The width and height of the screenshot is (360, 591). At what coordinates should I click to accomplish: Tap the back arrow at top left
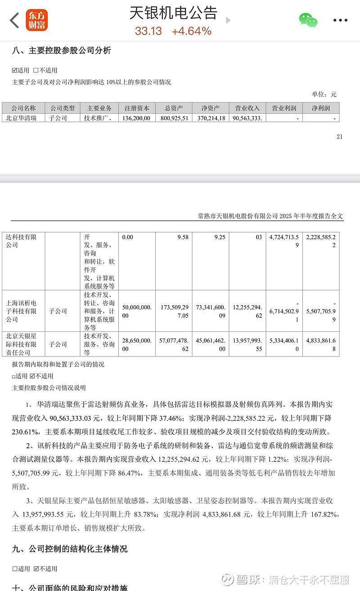(x=15, y=20)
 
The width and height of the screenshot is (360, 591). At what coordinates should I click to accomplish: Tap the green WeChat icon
(x=308, y=20)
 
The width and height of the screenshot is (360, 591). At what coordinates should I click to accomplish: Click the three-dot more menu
(x=340, y=20)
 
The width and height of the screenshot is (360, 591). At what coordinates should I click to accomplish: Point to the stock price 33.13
(x=148, y=31)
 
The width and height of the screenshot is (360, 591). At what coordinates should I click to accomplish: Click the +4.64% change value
(x=191, y=31)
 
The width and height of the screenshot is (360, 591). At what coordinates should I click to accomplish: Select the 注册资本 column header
(x=137, y=108)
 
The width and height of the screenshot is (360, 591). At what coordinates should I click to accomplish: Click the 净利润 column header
(x=321, y=108)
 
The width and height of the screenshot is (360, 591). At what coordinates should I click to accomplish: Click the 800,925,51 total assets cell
(x=174, y=118)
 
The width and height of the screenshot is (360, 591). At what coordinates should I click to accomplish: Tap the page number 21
(x=339, y=136)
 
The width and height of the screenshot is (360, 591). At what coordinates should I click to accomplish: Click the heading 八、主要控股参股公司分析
(x=61, y=50)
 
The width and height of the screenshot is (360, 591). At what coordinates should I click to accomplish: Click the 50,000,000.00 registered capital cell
(x=136, y=311)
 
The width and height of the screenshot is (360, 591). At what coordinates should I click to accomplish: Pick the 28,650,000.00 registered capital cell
(x=136, y=344)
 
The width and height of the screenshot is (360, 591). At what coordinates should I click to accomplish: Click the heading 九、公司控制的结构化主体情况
(x=69, y=549)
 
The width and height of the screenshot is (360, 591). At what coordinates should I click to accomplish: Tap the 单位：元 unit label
(x=324, y=95)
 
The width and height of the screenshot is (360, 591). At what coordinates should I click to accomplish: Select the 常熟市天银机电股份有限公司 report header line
(x=270, y=216)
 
